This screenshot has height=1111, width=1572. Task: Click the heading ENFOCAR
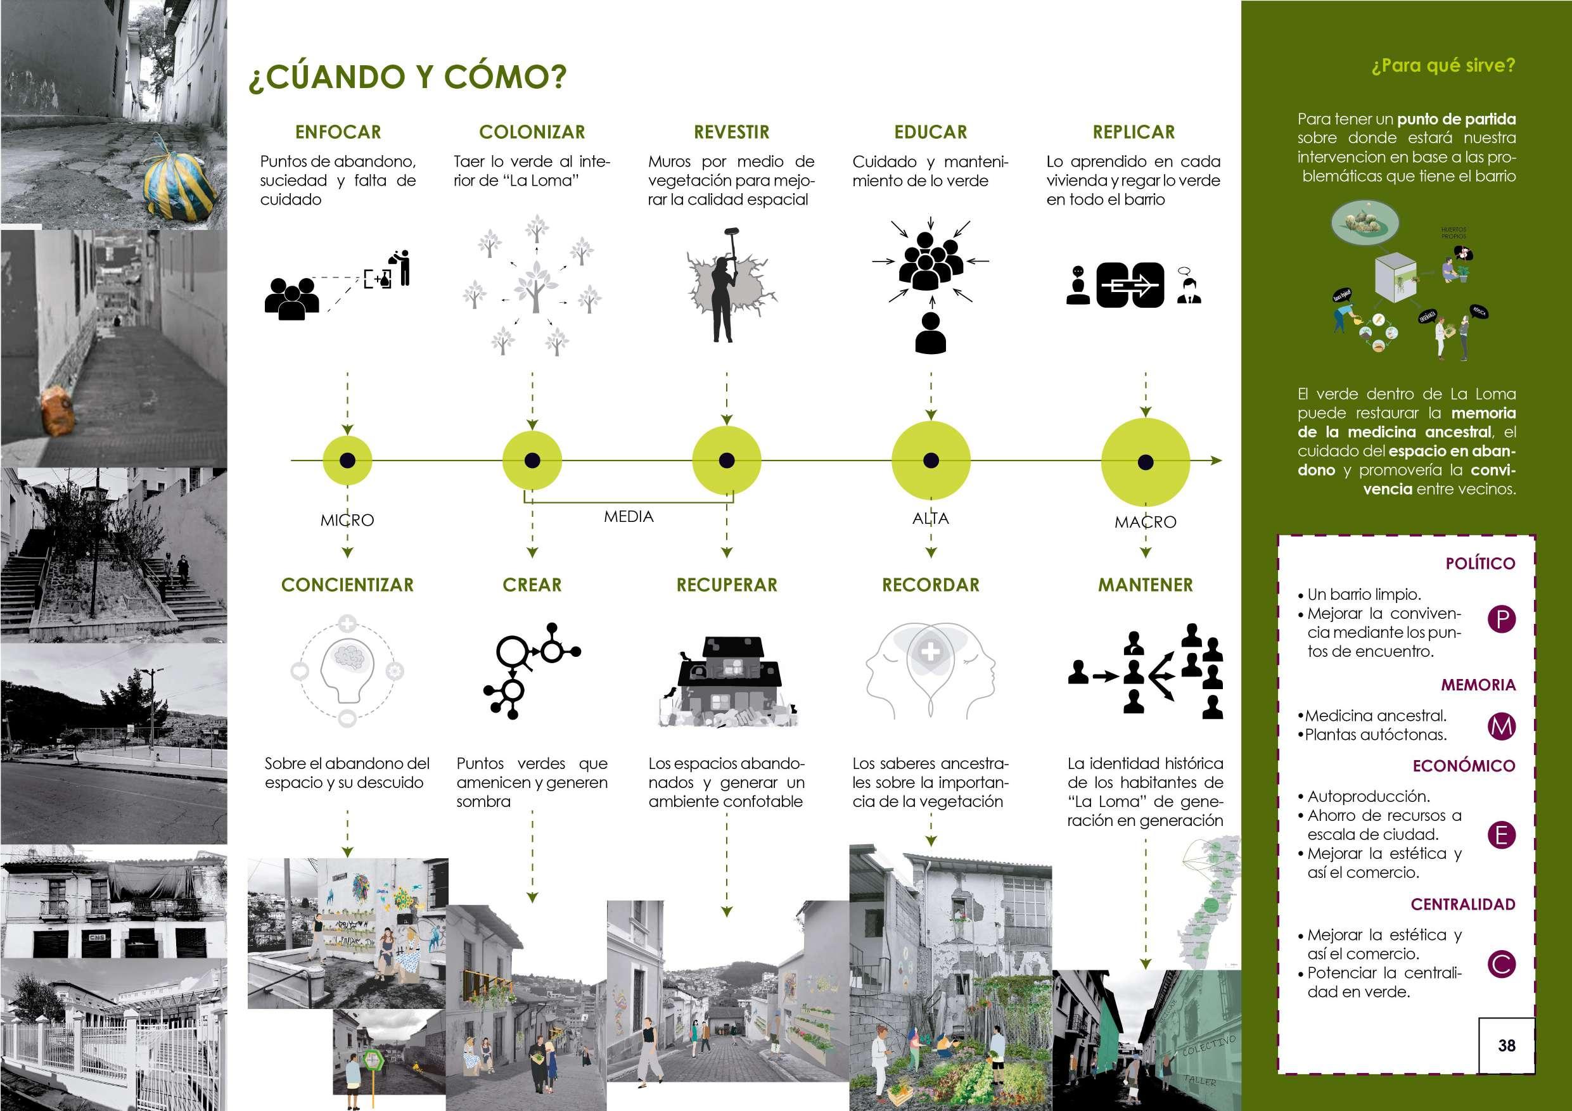click(338, 132)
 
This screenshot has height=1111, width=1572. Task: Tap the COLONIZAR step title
click(532, 132)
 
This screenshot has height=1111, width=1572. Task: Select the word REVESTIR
click(731, 132)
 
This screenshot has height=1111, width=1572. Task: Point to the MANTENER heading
click(1146, 585)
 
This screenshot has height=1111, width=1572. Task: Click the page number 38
click(1506, 1045)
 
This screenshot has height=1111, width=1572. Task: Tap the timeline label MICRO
click(347, 520)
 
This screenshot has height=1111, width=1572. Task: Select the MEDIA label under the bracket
click(629, 517)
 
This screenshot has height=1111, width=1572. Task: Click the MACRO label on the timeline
click(1146, 523)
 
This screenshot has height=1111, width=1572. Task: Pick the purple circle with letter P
click(1502, 620)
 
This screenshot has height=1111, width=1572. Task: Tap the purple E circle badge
click(1502, 835)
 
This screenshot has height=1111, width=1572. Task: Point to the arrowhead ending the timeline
click(1217, 460)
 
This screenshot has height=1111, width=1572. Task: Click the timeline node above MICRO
click(347, 460)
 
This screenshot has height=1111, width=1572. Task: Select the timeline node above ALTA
click(931, 460)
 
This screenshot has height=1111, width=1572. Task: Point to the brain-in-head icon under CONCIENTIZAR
click(347, 671)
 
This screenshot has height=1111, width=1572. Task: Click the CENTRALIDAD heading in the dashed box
click(1463, 905)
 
